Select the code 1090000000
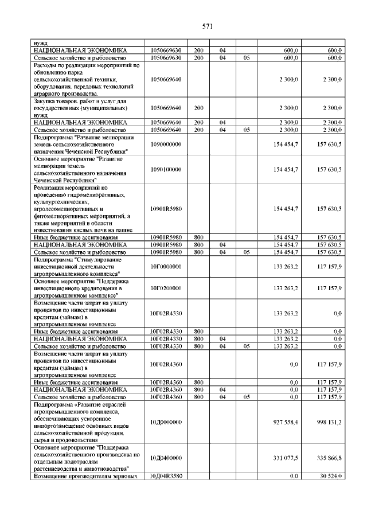[x=166, y=144]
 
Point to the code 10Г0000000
[x=166, y=267]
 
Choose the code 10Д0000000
[x=166, y=422]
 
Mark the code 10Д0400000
[x=166, y=458]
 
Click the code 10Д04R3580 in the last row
[x=166, y=476]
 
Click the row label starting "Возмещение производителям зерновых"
[x=85, y=476]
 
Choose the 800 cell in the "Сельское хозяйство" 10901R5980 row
[x=199, y=252]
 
